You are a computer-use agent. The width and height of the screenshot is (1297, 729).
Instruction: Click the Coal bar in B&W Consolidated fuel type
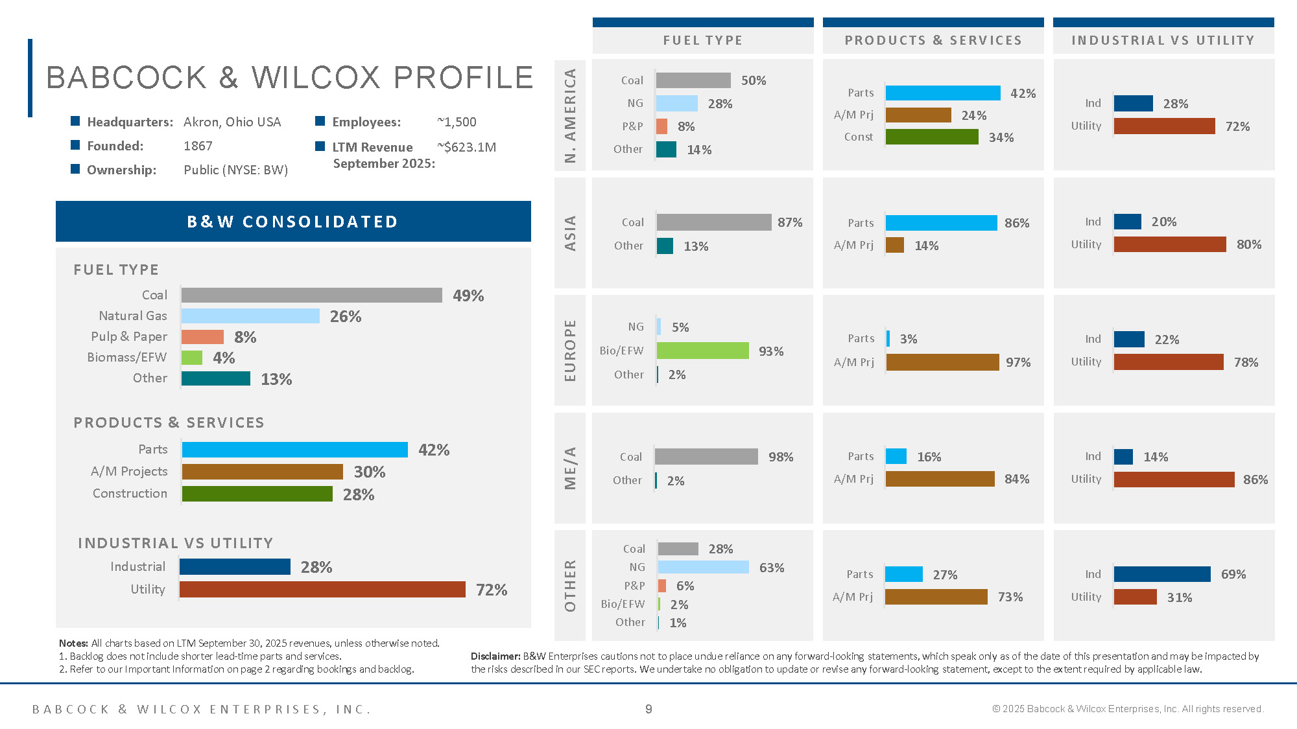tap(311, 295)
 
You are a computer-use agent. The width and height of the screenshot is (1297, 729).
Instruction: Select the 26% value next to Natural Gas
tap(345, 316)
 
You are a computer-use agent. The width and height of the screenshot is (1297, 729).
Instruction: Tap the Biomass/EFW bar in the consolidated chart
tap(192, 358)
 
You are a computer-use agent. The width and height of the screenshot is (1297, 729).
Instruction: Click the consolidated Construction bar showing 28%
tap(257, 494)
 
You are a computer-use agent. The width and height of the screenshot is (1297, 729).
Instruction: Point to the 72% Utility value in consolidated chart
tap(491, 590)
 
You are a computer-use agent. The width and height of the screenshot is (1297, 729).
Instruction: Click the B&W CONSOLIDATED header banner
tap(293, 222)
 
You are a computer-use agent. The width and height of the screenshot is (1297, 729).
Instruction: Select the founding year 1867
tap(198, 146)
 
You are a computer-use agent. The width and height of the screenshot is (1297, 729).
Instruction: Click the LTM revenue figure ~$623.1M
tap(467, 147)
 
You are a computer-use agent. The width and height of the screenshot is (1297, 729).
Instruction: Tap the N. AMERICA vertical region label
tap(570, 115)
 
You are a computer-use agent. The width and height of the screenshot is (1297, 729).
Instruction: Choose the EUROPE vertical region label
tap(570, 351)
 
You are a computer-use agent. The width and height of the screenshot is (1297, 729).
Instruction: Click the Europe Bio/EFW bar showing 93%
tap(702, 351)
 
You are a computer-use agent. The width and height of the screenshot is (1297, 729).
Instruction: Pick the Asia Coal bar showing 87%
tap(713, 222)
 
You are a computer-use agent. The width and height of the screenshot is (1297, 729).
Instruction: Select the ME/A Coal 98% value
tap(780, 457)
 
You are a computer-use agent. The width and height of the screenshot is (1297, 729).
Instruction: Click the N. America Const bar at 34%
tap(931, 137)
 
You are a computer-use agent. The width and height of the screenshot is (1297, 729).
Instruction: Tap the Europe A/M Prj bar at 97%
tap(942, 362)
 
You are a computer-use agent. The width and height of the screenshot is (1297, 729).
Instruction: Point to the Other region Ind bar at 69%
tap(1161, 574)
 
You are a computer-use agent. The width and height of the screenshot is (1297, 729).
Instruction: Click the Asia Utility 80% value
tap(1248, 244)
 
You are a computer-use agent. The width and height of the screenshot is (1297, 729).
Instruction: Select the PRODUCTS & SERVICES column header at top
tap(933, 40)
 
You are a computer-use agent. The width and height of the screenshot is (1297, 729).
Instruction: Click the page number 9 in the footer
tap(648, 709)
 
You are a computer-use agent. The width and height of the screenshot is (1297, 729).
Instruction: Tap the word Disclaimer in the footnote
tap(495, 656)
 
